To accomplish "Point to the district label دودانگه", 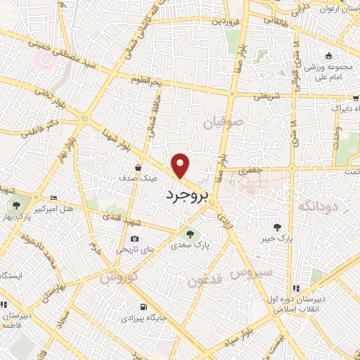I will (x=319, y=205).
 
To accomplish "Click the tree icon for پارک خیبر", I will (x=278, y=226).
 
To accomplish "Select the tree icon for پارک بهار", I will (x=16, y=205).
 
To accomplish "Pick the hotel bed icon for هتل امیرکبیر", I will (x=54, y=199).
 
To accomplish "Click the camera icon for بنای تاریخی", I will (x=134, y=239).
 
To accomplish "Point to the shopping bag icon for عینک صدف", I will (x=138, y=168).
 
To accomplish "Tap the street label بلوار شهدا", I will (x=115, y=138).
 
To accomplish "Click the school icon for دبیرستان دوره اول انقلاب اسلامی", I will (x=296, y=288).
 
